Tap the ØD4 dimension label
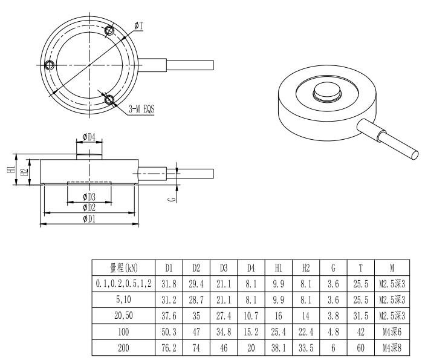point(89,137)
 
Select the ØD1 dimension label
point(89,218)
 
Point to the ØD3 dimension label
point(89,197)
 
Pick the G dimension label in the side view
point(172,198)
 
